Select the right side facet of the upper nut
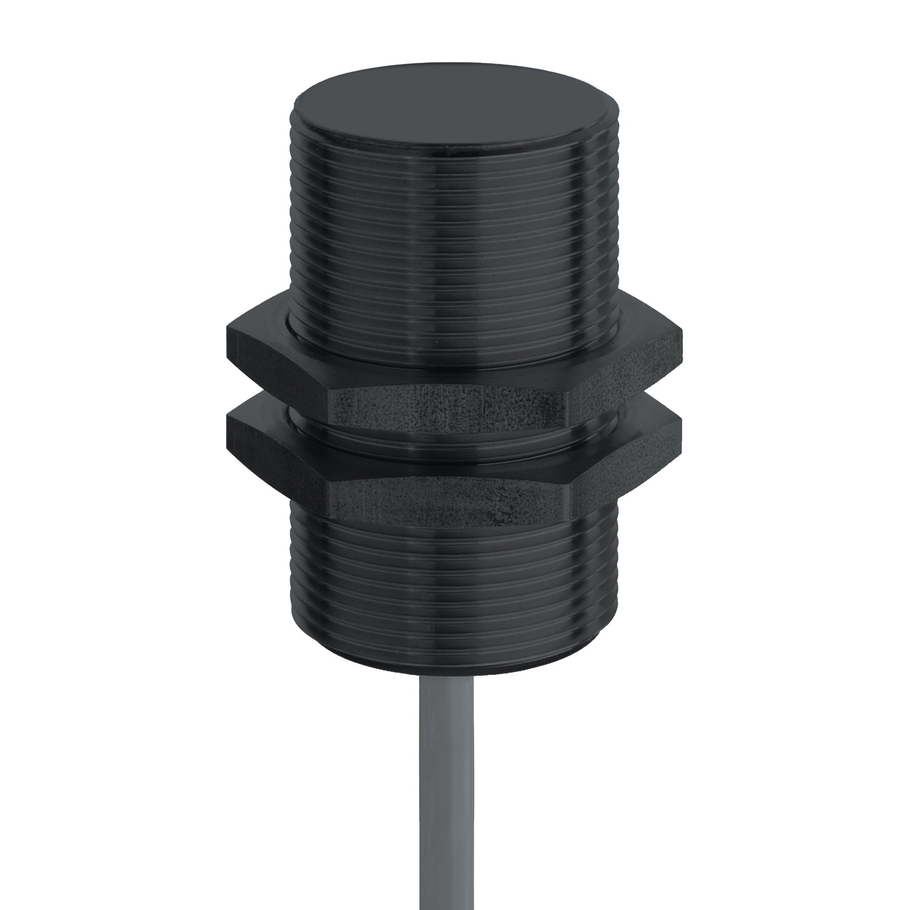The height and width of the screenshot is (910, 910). pyautogui.click(x=627, y=372)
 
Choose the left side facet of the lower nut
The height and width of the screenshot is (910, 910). pyautogui.click(x=278, y=464)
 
